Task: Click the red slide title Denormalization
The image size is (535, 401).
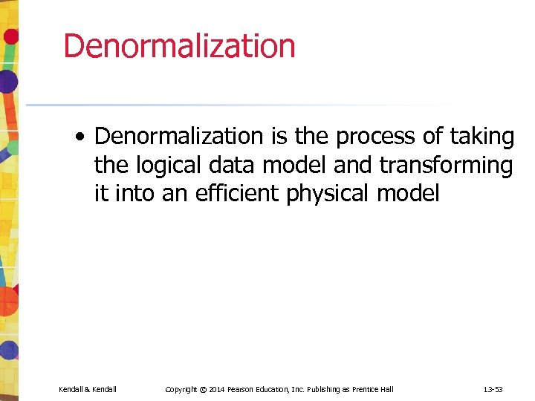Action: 179,46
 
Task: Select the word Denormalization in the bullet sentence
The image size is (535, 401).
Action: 179,137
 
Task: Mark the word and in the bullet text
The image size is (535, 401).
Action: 352,166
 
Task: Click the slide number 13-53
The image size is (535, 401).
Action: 493,389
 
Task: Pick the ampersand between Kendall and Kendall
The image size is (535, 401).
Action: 87,389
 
